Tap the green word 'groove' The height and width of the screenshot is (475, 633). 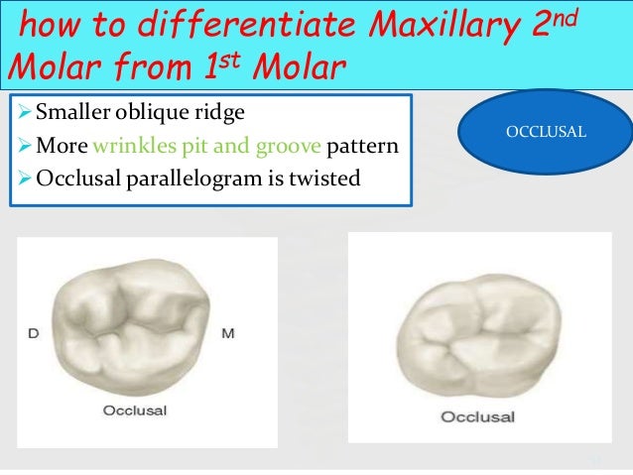coord(286,148)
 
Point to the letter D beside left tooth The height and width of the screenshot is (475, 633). coord(35,331)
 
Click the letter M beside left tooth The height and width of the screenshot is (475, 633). coord(226,331)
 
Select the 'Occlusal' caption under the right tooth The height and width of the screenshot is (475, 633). coord(477,416)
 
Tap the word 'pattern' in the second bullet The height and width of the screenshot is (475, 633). coord(362,148)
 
